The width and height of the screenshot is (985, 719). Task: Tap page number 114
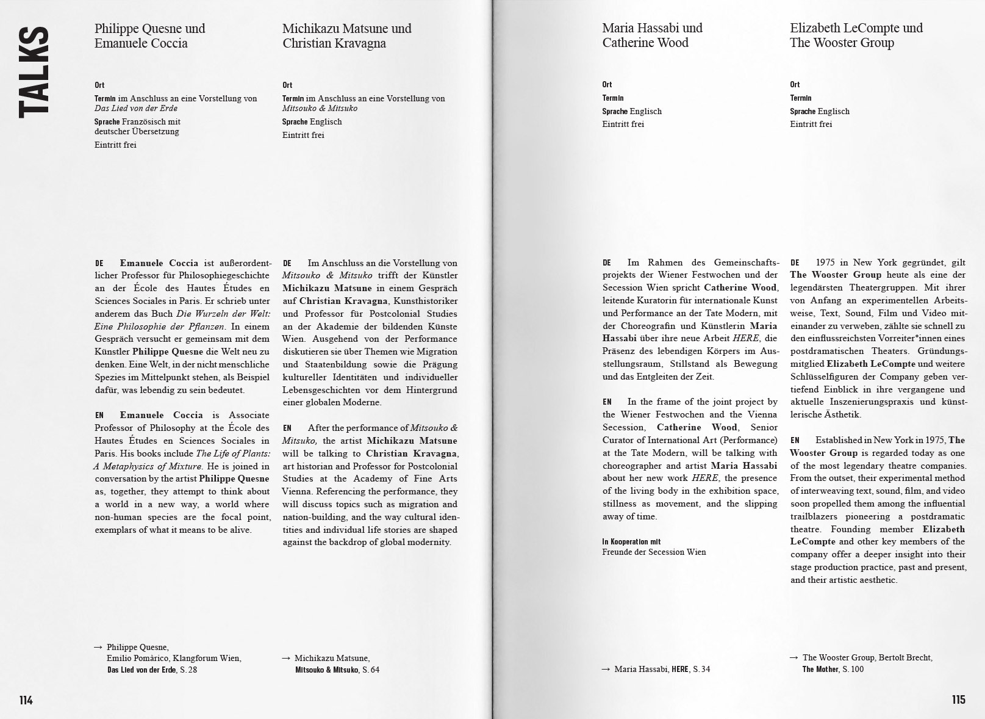click(x=26, y=700)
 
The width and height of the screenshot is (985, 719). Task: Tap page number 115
click(x=958, y=699)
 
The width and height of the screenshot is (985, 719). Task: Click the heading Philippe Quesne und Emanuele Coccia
click(x=149, y=35)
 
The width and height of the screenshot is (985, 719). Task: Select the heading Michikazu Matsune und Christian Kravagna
click(x=346, y=35)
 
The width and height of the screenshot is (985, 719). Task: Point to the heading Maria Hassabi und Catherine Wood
click(x=652, y=35)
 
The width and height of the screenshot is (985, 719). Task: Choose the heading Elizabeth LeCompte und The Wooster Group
click(x=856, y=35)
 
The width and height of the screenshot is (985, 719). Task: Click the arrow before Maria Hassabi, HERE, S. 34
click(x=606, y=669)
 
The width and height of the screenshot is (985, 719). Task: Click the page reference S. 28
click(x=188, y=670)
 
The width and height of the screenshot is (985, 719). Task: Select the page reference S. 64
click(x=371, y=670)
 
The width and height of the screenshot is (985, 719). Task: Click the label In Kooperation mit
click(x=631, y=541)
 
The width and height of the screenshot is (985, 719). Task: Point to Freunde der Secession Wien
click(x=654, y=552)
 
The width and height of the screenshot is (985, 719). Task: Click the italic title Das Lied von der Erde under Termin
click(x=135, y=108)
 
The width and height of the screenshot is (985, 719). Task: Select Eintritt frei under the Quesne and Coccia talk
click(x=115, y=145)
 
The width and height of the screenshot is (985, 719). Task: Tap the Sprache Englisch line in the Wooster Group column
click(x=819, y=111)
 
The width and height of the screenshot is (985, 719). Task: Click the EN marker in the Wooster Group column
click(x=795, y=440)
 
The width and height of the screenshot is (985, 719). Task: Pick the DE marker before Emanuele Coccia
click(x=99, y=263)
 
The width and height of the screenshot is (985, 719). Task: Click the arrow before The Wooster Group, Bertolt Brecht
click(x=793, y=657)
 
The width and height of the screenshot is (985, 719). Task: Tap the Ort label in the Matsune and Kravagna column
click(x=287, y=85)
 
